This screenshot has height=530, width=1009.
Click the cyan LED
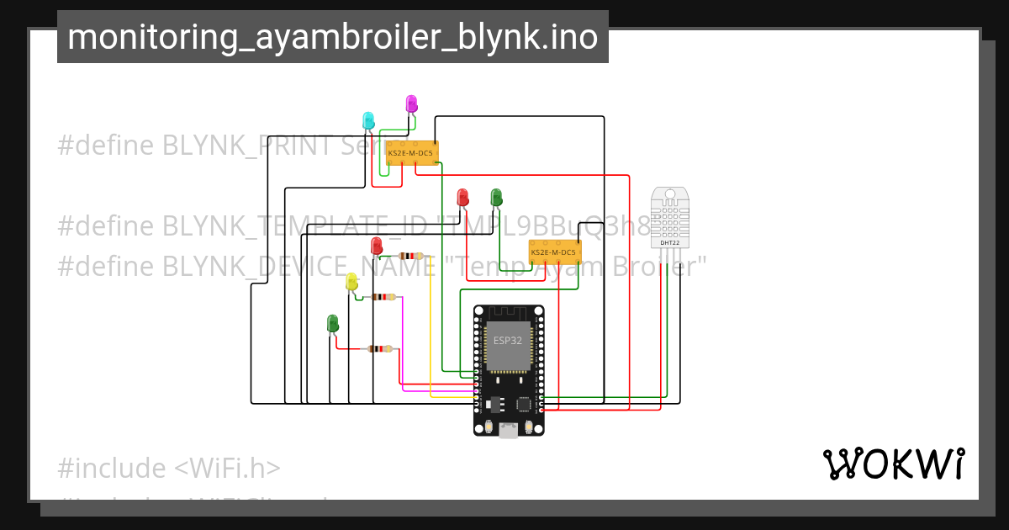368,120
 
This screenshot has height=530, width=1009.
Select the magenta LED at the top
411,103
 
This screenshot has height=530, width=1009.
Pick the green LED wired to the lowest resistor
332,323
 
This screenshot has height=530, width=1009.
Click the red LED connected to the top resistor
376,246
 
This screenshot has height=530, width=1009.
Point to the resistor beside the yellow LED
383,297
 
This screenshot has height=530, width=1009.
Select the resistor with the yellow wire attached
410,256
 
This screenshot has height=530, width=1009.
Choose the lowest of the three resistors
380,349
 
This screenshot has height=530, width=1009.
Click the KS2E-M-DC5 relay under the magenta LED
410,152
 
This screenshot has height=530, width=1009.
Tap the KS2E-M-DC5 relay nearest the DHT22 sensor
553,252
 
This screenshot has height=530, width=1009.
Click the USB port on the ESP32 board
508,430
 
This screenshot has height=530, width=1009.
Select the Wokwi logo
893,464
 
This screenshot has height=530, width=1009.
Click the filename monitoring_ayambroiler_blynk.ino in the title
333,37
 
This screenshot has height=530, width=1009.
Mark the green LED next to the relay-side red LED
496,197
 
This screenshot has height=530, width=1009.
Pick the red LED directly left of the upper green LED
462,197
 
